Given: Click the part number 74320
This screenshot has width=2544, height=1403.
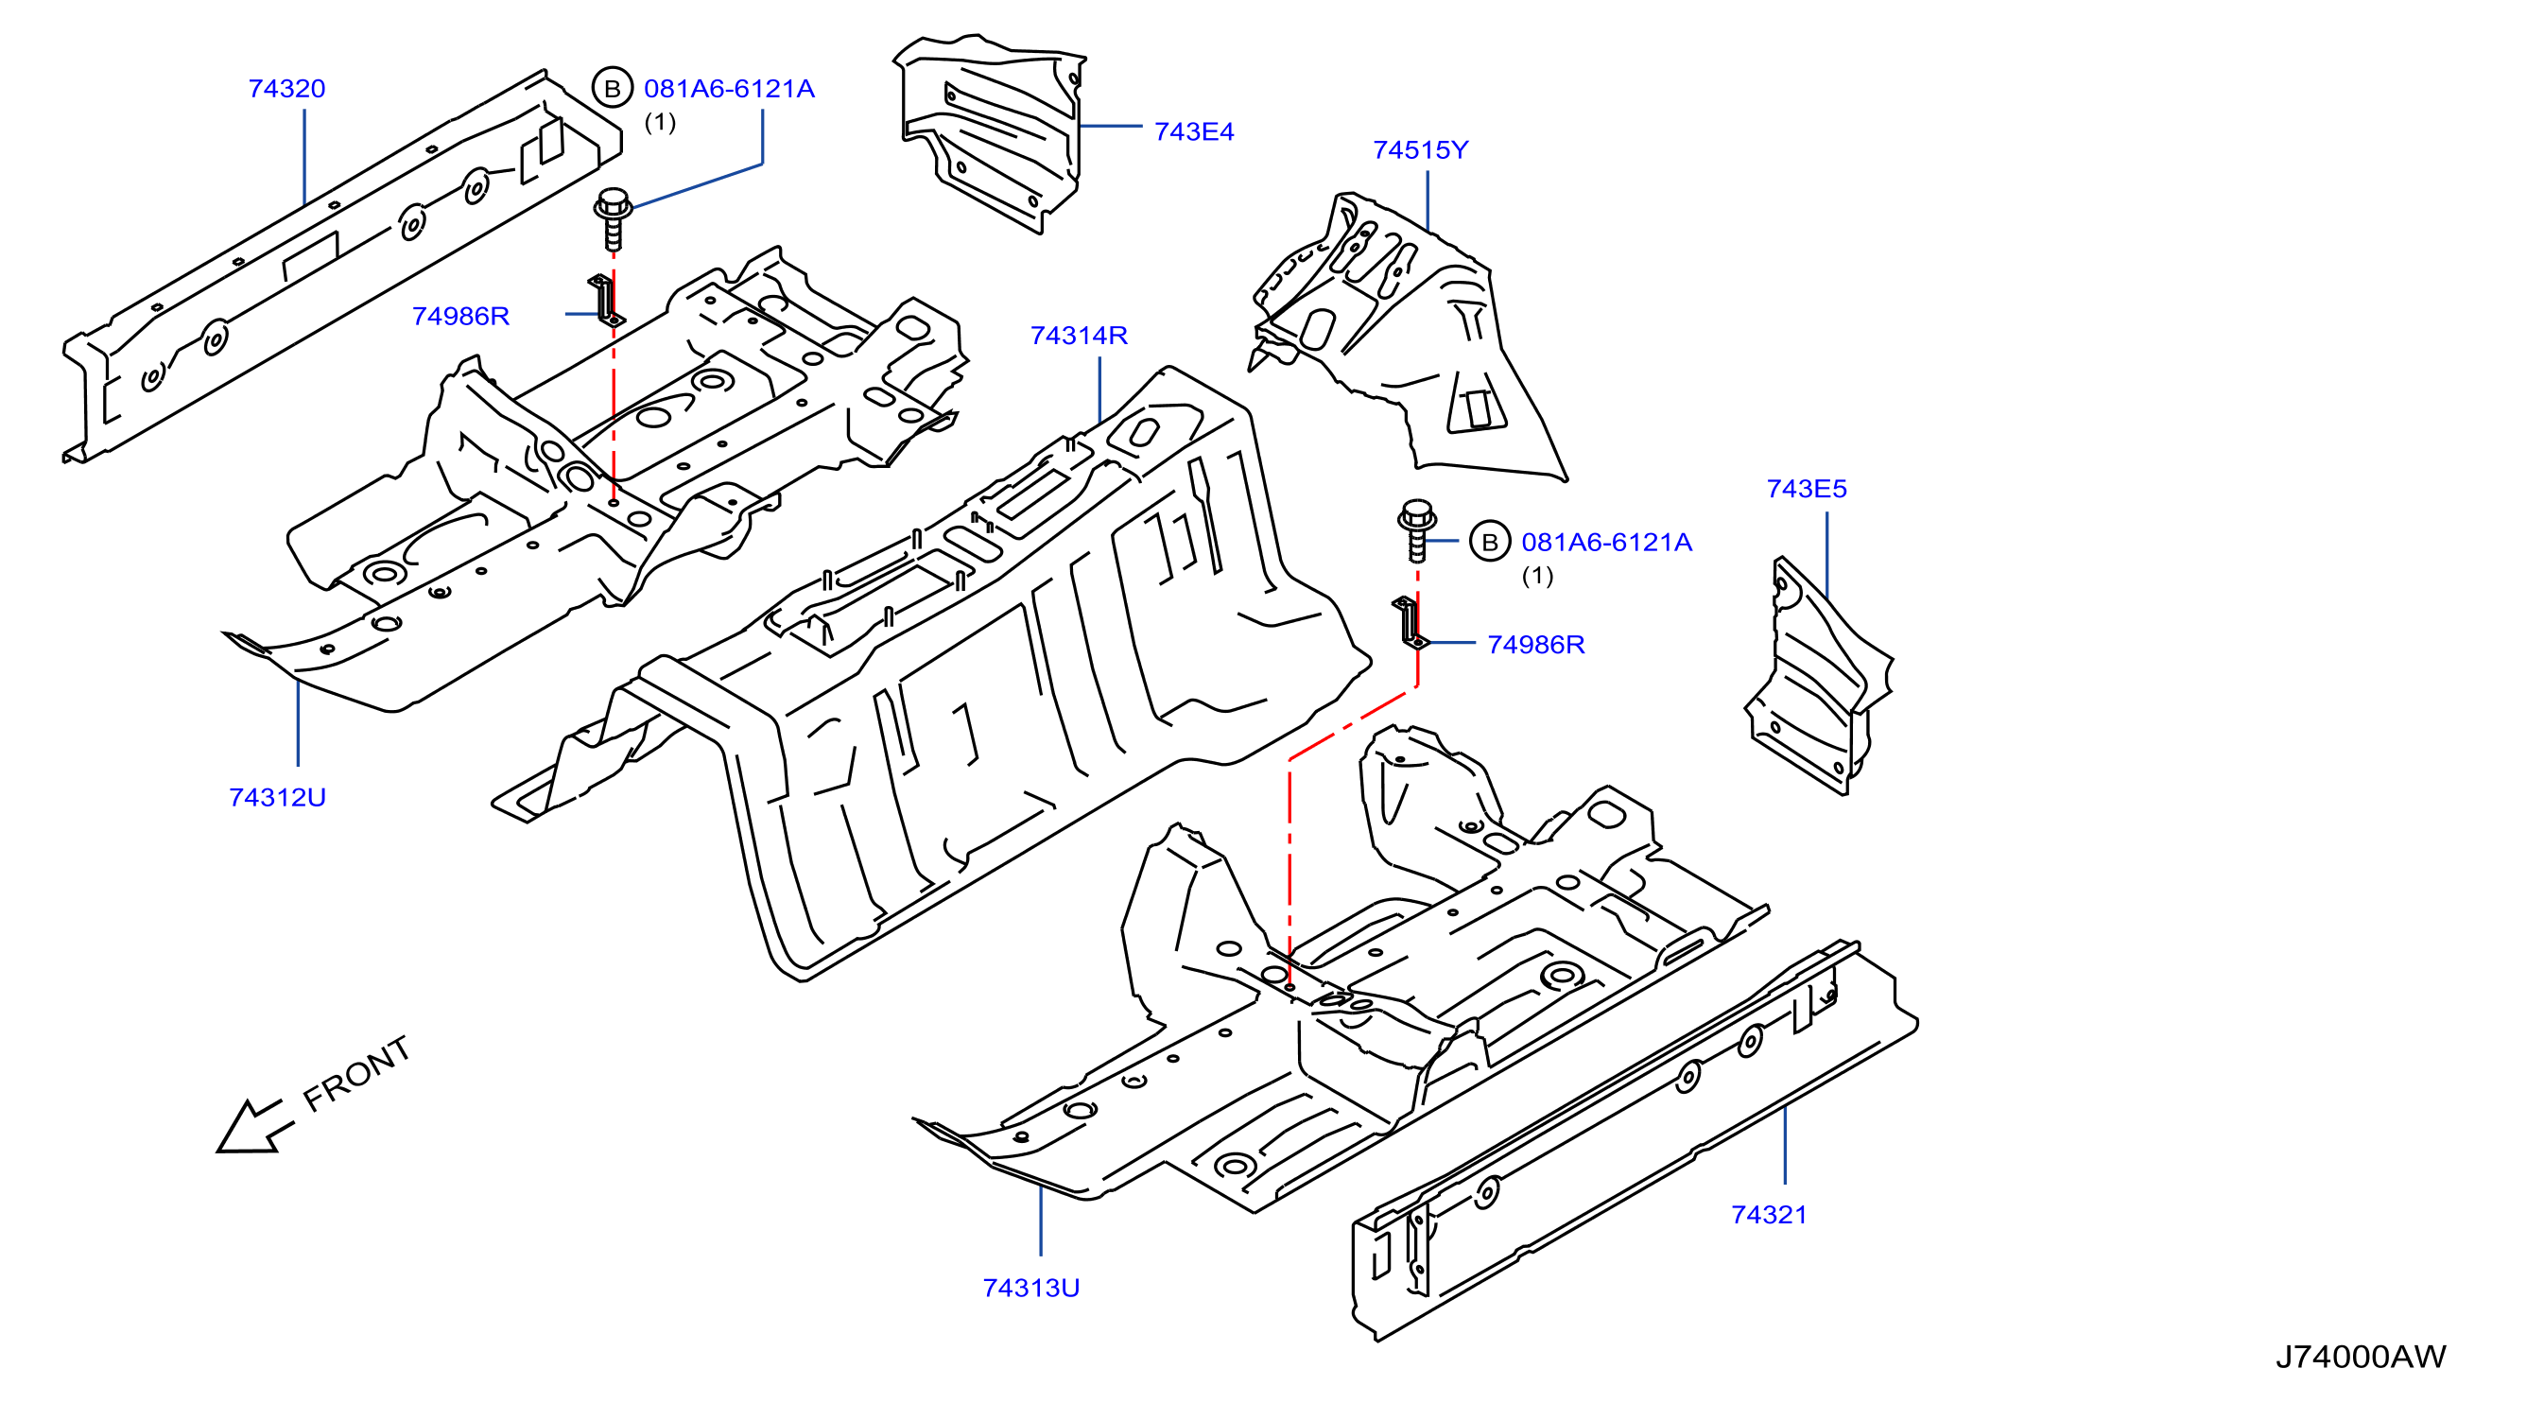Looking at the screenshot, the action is [x=286, y=89].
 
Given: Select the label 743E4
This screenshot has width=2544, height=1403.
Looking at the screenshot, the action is [x=1193, y=131].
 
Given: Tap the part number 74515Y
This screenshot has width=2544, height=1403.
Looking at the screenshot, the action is [x=1420, y=150].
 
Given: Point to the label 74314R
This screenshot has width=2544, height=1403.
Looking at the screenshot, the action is [x=1079, y=336].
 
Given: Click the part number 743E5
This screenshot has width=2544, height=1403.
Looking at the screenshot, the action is [x=1807, y=489].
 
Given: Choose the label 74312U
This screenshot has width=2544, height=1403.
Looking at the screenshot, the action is [x=278, y=798].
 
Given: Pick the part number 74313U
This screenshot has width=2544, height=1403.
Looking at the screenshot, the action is [x=1031, y=1289].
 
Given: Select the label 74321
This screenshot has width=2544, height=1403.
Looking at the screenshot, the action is [x=1769, y=1216].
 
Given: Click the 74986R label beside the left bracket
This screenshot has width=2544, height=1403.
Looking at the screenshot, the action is [x=460, y=316].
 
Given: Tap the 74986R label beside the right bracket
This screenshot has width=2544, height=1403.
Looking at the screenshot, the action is [x=1535, y=645].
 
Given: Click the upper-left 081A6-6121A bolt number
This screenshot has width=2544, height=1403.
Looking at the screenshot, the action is [x=729, y=89].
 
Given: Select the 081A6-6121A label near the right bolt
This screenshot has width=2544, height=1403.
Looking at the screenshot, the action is [x=1607, y=542].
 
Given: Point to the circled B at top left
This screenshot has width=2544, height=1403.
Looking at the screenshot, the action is [x=613, y=89].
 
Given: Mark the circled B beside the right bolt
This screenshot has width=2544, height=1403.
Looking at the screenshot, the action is [x=1490, y=542].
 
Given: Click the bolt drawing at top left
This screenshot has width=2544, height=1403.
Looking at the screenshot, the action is [x=614, y=219].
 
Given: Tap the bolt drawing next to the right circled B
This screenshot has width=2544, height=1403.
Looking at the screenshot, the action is [x=1417, y=531].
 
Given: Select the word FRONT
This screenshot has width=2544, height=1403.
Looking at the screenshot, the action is [x=356, y=1074].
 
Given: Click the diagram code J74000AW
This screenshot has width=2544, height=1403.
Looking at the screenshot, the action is [x=2361, y=1357].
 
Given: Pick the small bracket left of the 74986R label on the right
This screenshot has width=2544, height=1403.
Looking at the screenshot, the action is [x=1410, y=623].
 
